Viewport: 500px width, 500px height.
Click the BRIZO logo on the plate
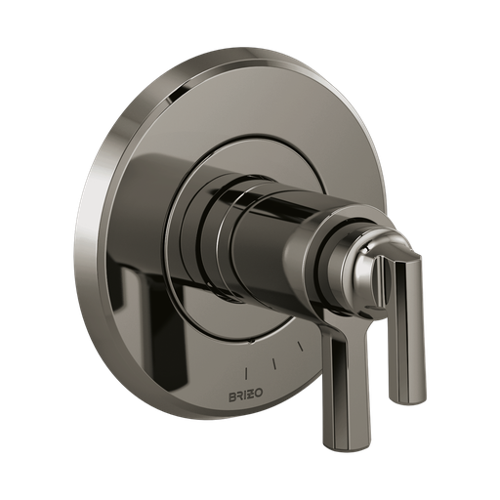pyautogui.click(x=246, y=396)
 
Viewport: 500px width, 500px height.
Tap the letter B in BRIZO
pyautogui.click(x=232, y=396)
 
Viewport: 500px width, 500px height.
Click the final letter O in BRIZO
pyautogui.click(x=260, y=396)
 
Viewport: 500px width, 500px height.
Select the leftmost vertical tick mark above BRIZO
pyautogui.click(x=246, y=374)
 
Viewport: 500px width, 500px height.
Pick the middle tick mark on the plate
pyautogui.click(x=275, y=364)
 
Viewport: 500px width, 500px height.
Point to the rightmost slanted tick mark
pyautogui.click(x=301, y=346)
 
